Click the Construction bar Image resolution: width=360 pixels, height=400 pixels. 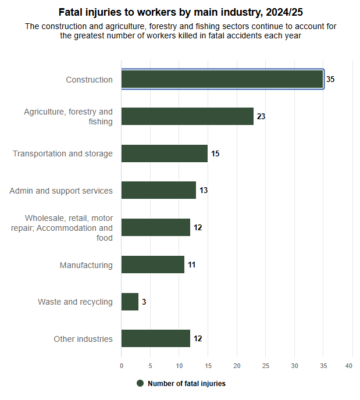(222, 79)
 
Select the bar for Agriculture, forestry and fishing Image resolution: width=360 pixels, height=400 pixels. (187, 116)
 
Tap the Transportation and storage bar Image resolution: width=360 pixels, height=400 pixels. (165, 153)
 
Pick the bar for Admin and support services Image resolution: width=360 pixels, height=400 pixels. (159, 191)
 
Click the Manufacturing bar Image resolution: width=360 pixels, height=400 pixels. (153, 265)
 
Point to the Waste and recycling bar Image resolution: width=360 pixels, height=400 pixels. (130, 302)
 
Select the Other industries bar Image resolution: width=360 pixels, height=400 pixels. (156, 338)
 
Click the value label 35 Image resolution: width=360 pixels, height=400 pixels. (330, 79)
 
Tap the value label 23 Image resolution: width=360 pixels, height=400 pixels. (261, 116)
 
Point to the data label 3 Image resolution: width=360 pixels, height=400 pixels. (144, 302)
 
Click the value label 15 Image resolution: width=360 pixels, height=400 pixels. (215, 153)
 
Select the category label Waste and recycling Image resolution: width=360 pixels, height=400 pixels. (75, 302)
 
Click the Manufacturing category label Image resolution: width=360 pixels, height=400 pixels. (86, 265)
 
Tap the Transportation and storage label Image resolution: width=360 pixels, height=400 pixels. (63, 153)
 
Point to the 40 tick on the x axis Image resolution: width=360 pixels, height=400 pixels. (349, 366)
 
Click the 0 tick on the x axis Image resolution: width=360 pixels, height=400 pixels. (122, 366)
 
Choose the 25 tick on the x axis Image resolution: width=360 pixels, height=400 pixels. (266, 366)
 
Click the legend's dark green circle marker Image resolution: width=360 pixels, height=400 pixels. (140, 383)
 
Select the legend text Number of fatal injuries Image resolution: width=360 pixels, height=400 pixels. (186, 384)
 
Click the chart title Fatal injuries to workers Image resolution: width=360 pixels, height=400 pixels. (180, 12)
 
